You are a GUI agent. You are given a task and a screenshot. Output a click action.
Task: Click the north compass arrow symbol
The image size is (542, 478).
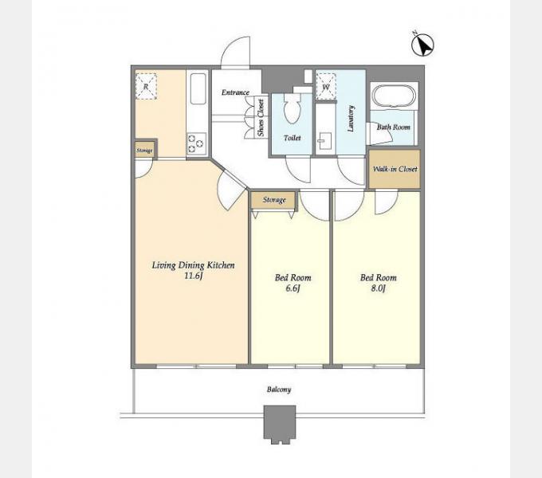[422, 45]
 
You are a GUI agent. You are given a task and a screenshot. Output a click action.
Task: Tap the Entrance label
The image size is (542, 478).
[235, 92]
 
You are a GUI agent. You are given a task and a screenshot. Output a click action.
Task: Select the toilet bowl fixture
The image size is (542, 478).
[293, 108]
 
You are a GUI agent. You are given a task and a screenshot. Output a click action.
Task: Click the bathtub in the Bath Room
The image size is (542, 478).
[394, 95]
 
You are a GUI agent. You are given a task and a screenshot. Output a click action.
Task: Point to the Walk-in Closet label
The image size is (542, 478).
[395, 169]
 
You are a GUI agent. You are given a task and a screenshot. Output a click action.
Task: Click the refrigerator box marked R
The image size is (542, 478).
[146, 87]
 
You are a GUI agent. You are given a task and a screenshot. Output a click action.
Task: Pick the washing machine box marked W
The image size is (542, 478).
[326, 87]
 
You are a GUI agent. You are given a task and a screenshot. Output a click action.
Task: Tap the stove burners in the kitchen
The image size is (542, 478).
[196, 143]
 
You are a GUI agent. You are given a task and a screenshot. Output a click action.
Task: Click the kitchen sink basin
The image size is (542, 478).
[198, 88]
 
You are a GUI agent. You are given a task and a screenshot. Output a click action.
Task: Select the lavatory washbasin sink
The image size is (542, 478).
[325, 141]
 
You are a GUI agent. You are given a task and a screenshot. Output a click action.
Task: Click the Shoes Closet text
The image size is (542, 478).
[261, 117]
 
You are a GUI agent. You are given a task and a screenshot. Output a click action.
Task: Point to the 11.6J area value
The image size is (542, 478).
[193, 276]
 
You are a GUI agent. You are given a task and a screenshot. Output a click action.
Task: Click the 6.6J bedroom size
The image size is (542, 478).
[293, 288]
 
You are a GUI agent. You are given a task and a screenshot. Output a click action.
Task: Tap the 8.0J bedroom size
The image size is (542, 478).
[378, 288]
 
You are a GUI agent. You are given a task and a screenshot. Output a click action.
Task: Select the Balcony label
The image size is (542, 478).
[279, 390]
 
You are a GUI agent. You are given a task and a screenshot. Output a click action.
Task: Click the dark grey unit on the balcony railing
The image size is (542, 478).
[280, 424]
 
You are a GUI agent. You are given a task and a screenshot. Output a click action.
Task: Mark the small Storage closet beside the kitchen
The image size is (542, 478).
[145, 151]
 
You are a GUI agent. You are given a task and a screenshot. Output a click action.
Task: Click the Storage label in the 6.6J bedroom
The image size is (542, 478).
[274, 200]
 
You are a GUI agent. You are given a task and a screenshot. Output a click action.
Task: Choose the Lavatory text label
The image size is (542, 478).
[351, 119]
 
